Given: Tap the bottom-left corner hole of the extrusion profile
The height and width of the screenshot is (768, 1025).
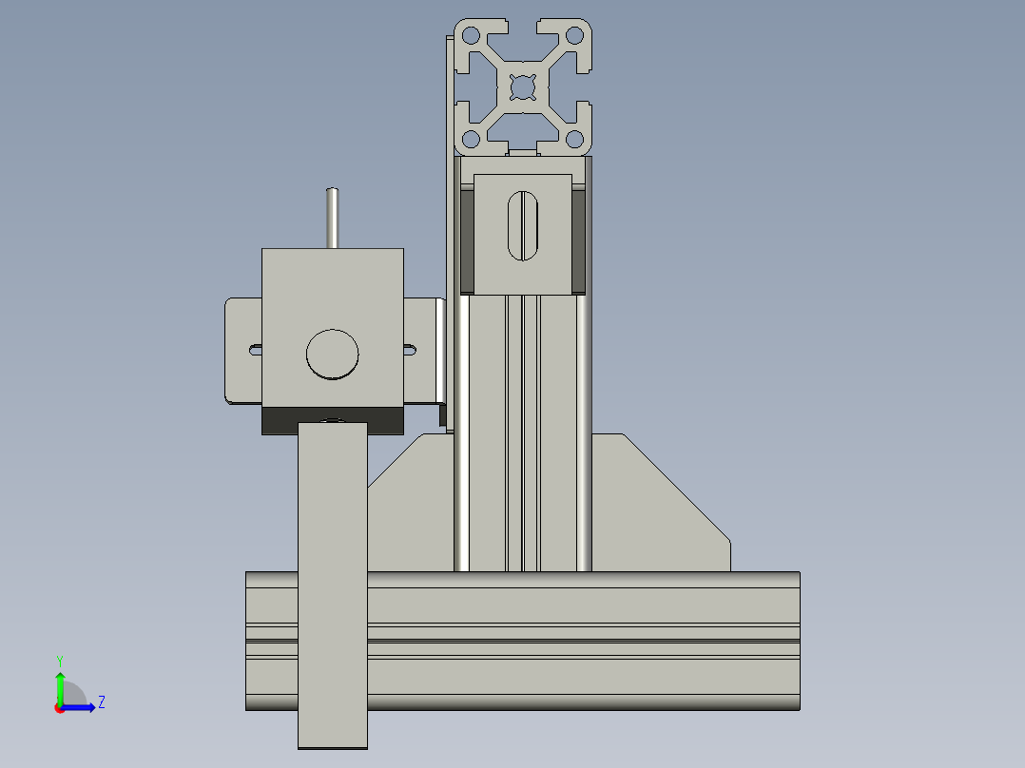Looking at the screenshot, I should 470,140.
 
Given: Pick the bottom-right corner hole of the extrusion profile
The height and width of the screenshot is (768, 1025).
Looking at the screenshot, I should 574,140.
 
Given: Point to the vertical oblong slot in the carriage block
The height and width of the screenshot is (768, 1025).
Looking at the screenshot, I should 523,226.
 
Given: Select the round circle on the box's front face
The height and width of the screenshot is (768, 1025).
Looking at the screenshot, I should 333,355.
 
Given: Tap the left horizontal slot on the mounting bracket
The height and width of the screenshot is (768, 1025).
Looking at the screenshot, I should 255,350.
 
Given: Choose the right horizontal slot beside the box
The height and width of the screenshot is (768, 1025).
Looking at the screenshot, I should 410,350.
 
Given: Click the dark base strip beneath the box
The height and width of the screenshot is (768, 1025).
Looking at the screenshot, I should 332,420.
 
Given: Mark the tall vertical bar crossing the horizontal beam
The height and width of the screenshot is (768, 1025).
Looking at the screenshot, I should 332,589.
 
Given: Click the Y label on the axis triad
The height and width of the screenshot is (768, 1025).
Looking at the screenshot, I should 59,660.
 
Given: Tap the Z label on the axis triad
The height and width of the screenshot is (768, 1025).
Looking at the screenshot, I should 101,703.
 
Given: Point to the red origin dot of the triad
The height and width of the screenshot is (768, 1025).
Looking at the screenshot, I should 59,708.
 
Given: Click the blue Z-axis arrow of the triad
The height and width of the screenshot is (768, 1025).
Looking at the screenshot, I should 81,707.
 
